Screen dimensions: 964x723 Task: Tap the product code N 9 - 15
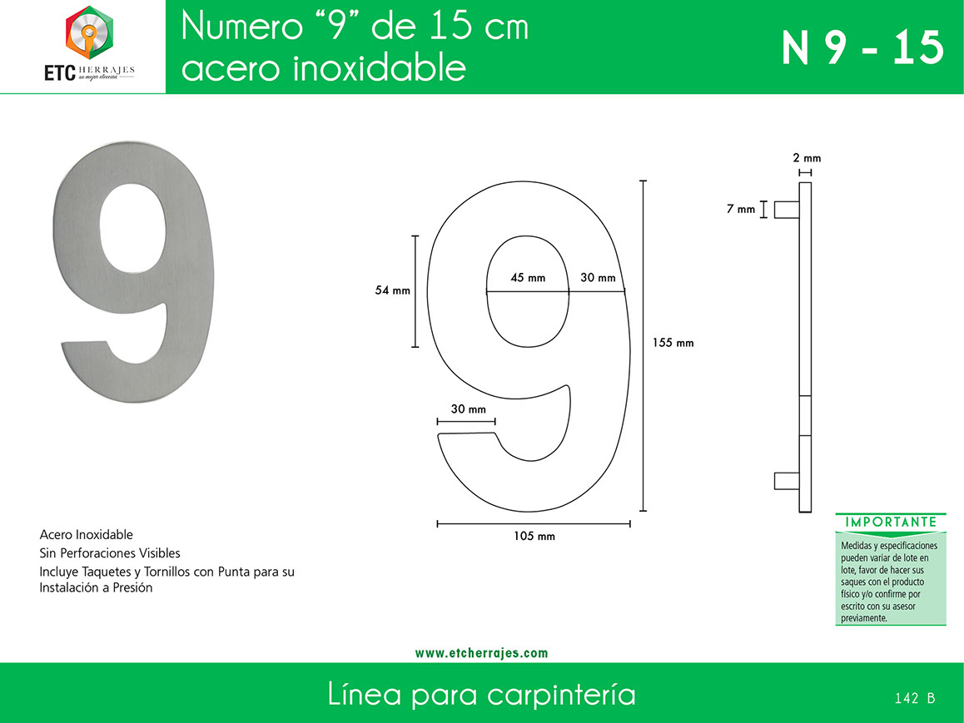click(862, 48)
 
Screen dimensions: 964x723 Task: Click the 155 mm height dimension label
click(673, 343)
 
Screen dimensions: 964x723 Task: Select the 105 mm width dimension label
click(534, 537)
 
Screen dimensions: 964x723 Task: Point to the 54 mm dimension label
click(392, 290)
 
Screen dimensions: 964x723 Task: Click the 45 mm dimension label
click(528, 278)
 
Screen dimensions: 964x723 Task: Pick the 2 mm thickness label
click(807, 158)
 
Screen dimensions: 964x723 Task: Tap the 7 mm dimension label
click(740, 209)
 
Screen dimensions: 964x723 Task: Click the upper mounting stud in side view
click(787, 210)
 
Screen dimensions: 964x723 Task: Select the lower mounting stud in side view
click(787, 481)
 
